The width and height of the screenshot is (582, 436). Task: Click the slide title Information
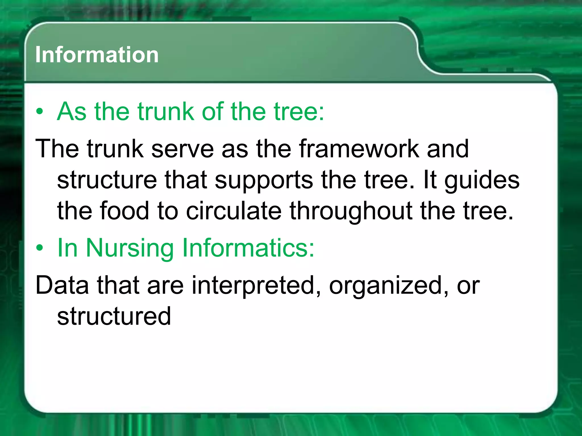coord(97,54)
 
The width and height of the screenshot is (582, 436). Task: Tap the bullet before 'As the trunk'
coord(40,112)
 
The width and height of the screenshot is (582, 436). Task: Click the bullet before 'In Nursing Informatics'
coord(40,248)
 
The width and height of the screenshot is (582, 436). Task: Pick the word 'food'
coord(124,211)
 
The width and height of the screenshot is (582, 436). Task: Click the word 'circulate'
coord(234,211)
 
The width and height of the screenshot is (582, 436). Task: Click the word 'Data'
coord(62,285)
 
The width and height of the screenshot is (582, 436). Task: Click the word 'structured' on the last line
coord(114,316)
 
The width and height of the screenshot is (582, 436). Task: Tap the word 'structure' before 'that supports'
coord(107,181)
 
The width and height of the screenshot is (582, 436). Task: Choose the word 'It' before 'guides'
coord(429,180)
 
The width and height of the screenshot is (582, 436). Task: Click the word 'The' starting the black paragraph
coord(57,149)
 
